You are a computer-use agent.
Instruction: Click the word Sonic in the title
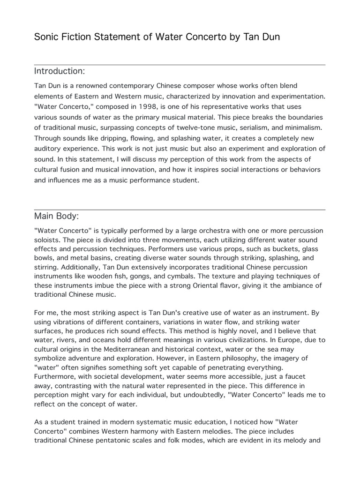tap(46, 37)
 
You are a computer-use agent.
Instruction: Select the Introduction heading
tap(60, 71)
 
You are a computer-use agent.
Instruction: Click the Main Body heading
tap(56, 216)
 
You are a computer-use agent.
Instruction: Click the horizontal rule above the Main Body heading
tap(180, 210)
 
